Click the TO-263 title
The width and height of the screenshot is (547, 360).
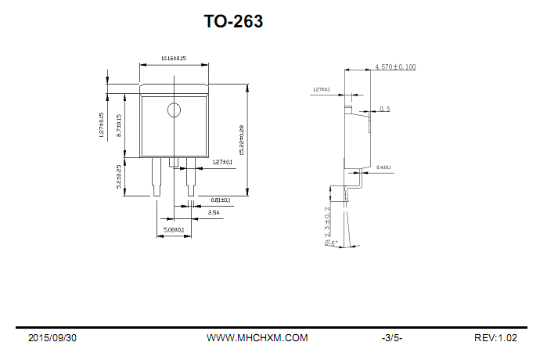[x=233, y=22]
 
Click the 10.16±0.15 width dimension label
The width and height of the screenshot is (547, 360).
[x=173, y=59]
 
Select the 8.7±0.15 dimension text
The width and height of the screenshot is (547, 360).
[x=118, y=125]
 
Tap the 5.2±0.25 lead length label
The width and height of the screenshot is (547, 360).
[x=118, y=177]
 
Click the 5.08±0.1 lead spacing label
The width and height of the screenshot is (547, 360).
[x=173, y=230]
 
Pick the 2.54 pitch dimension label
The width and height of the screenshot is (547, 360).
[x=213, y=213]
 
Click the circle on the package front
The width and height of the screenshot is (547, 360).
[x=174, y=110]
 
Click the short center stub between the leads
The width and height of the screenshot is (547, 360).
[x=174, y=163]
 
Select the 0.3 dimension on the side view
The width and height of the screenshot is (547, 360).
[x=384, y=109]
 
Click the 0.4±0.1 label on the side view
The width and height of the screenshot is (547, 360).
[x=383, y=167]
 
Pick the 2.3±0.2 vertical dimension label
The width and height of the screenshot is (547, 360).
[x=327, y=221]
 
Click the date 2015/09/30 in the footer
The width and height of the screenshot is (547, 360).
[x=52, y=338]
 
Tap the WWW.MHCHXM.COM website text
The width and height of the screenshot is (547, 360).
[x=257, y=338]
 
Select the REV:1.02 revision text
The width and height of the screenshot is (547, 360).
[x=495, y=338]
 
